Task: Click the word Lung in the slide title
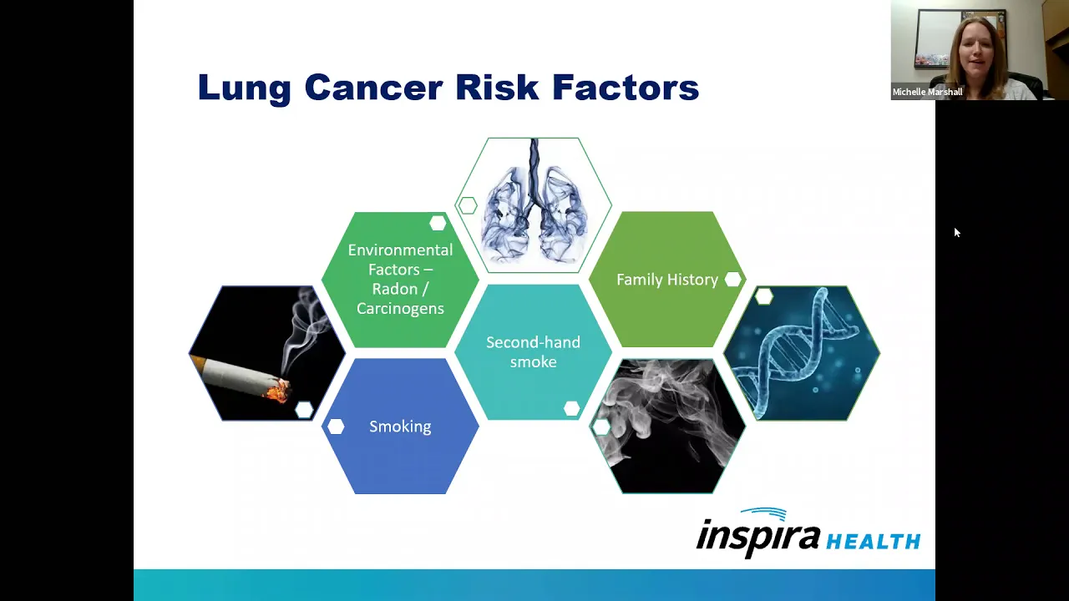[244, 88]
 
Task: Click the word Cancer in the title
[373, 88]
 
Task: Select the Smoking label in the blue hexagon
[400, 427]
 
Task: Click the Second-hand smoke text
[533, 352]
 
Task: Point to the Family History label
[667, 280]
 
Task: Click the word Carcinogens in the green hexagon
[400, 309]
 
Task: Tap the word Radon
[395, 289]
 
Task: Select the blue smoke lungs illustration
[533, 205]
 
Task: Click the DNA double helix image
[802, 353]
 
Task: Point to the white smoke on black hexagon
[667, 427]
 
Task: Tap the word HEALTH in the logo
[873, 542]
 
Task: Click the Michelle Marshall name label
[927, 92]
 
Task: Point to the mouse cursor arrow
[957, 232]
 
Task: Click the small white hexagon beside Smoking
[336, 427]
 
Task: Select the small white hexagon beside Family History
[733, 280]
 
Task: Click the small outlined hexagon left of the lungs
[468, 205]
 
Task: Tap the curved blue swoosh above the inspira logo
[764, 513]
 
